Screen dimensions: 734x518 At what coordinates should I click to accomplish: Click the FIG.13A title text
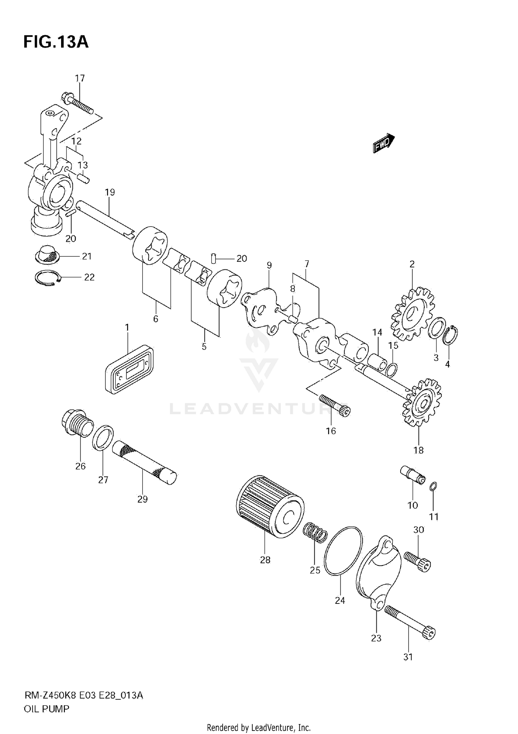pos(56,42)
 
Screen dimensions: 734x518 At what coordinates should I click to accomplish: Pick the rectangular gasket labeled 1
pos(129,369)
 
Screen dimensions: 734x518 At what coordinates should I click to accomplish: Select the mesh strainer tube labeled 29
pos(144,462)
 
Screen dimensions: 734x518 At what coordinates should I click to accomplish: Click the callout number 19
pos(110,192)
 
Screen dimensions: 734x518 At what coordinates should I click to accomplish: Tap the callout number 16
pos(331,431)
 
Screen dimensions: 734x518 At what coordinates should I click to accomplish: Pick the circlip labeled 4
pos(451,335)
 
